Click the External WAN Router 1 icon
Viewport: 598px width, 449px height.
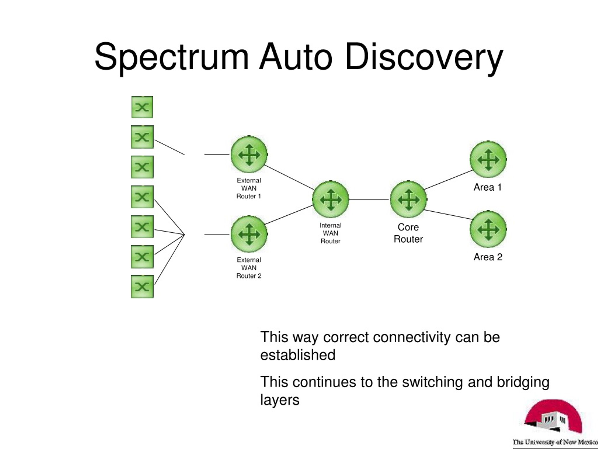(249, 155)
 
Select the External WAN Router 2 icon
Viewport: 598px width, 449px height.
(249, 234)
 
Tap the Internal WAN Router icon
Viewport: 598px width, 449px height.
(331, 200)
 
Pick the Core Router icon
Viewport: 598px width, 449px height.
(409, 200)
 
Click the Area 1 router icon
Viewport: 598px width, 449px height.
(488, 159)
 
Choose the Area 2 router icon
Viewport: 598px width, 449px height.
(488, 229)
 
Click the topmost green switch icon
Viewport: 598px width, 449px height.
(142, 107)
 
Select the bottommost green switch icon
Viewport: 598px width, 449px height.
(142, 287)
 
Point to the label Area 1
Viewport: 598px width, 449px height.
(488, 187)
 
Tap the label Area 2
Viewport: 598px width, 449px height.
(488, 257)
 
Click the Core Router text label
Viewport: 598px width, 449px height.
(408, 233)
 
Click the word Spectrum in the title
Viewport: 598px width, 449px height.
(171, 58)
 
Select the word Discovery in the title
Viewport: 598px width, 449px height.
(424, 58)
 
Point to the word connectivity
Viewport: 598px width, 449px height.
(412, 337)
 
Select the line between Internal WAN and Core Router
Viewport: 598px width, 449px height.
(369, 200)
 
